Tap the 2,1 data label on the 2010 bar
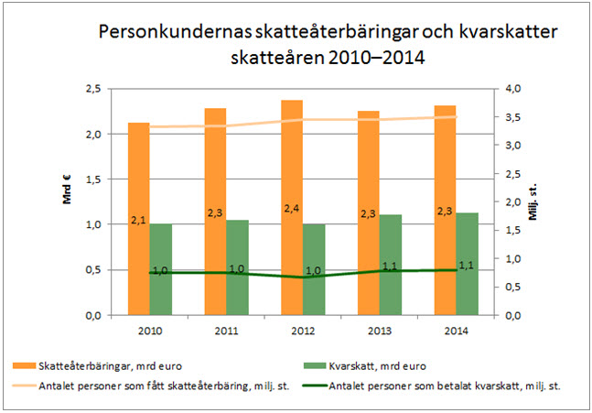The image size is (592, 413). [138, 221]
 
